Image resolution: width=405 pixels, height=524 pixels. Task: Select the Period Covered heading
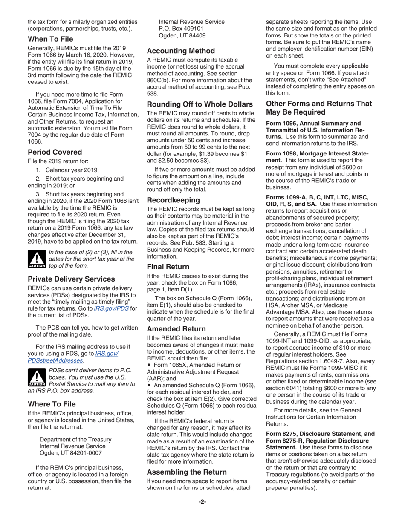point(55,152)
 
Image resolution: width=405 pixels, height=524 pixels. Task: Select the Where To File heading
point(52,403)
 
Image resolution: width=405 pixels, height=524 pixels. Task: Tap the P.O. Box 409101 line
point(184,29)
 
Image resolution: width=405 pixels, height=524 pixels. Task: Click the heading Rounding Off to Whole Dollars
point(200,104)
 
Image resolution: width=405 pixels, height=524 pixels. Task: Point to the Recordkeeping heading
point(173,199)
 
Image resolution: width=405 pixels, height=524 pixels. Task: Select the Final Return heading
point(168,266)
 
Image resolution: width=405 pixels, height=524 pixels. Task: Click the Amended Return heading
point(176,328)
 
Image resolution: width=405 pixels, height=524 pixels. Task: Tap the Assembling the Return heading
point(187,472)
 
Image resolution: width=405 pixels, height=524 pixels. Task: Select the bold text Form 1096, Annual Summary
point(313,124)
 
